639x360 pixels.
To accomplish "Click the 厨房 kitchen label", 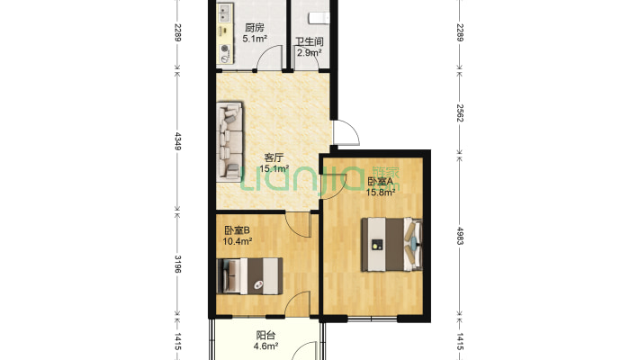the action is [x=255, y=28].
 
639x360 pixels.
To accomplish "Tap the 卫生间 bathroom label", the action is [x=310, y=41].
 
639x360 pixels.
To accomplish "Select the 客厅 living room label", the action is [x=274, y=157].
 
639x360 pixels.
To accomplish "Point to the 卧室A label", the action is [x=380, y=181].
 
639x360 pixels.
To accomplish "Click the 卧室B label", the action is [x=237, y=230].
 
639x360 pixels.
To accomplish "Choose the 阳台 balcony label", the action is [x=265, y=336].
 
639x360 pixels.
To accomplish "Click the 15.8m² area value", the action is [x=381, y=192].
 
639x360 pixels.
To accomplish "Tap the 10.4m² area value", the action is [x=238, y=241].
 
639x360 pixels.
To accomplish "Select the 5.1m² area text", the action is [x=255, y=39].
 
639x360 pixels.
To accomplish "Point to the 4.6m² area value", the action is [x=266, y=346].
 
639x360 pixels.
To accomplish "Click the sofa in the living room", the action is [x=229, y=141].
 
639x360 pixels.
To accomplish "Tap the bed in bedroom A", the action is [x=392, y=244].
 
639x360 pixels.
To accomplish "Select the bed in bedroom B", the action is [x=250, y=276].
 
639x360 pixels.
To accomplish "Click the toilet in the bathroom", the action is [x=319, y=18].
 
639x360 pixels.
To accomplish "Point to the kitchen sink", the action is [x=224, y=13].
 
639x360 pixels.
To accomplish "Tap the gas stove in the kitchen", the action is [x=224, y=53].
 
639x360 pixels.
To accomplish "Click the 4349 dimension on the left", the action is [x=177, y=140].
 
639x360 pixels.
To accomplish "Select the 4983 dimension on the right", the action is [x=460, y=236].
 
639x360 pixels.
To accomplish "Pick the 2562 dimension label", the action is [x=460, y=112].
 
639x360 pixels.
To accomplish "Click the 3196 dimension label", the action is [x=177, y=264].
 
